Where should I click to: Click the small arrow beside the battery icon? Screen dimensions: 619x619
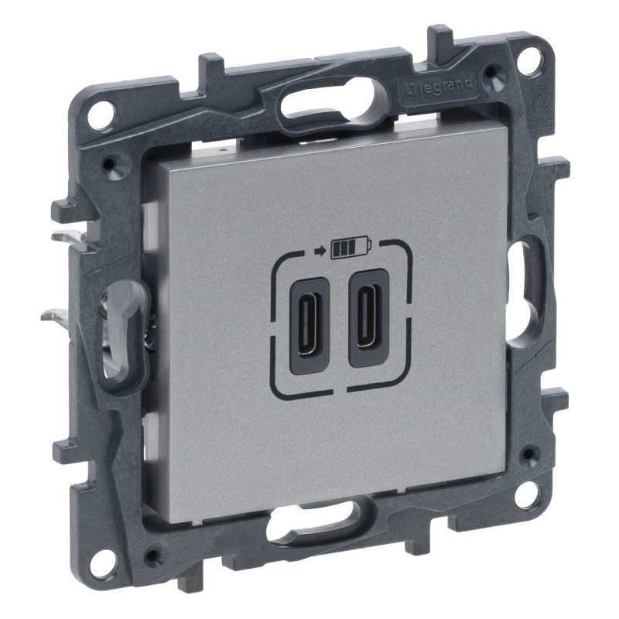click(x=322, y=249)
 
